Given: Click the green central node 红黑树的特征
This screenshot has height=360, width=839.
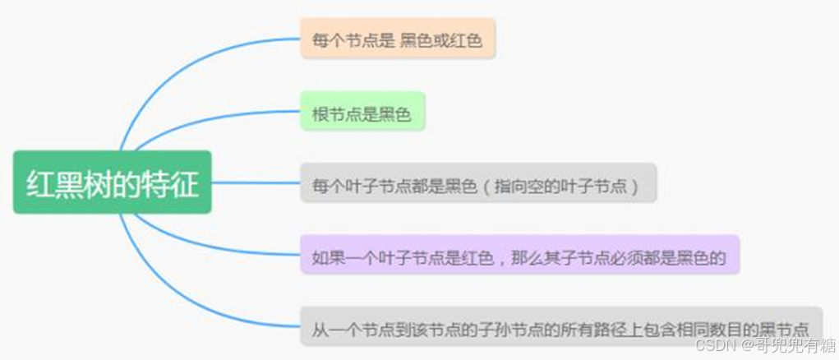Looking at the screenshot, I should click(x=113, y=182).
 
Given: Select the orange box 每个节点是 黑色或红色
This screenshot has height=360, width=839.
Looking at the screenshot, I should click(x=398, y=39).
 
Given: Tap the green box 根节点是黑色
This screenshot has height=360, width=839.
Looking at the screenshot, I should click(x=362, y=112).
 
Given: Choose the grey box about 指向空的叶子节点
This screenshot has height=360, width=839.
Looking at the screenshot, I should click(x=477, y=183).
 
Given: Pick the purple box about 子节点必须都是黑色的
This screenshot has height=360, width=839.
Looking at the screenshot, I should click(x=519, y=255).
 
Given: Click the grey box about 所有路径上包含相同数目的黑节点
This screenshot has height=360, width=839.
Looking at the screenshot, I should click(x=560, y=327).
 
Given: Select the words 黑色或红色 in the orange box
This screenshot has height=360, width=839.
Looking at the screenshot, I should click(x=441, y=39).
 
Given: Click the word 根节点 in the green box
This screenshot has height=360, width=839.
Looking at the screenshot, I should click(x=338, y=113).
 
